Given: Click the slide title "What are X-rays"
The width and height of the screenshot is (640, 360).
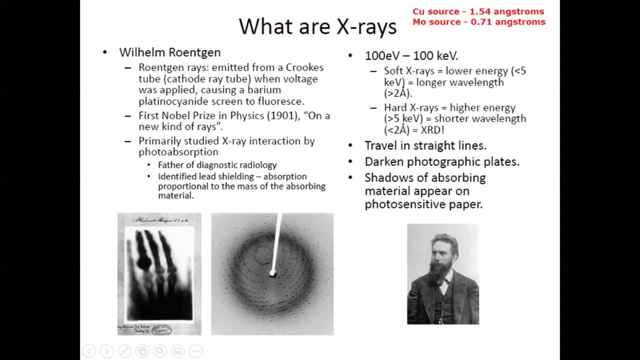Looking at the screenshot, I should [317, 26].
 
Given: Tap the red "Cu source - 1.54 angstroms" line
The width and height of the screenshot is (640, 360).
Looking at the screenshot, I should [478, 11].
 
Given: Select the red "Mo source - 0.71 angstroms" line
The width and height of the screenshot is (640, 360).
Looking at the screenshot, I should [478, 22].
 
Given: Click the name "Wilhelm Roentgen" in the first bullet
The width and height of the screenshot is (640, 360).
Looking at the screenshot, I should [169, 52].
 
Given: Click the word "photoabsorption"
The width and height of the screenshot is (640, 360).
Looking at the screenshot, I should [178, 152].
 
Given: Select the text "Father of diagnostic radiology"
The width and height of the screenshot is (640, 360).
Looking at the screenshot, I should [217, 165].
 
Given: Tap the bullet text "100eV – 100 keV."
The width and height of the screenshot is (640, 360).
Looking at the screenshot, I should [411, 55].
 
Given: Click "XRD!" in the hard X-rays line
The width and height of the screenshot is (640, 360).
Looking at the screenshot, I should [432, 130].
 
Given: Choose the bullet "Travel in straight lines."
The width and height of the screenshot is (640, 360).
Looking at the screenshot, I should [425, 145].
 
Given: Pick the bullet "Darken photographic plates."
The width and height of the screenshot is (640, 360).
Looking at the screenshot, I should [441, 161].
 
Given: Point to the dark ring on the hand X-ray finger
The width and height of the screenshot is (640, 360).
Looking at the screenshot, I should [144, 262].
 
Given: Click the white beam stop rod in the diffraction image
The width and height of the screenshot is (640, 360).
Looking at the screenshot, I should [276, 242].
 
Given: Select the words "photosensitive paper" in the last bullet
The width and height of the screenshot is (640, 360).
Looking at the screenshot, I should [423, 204].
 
